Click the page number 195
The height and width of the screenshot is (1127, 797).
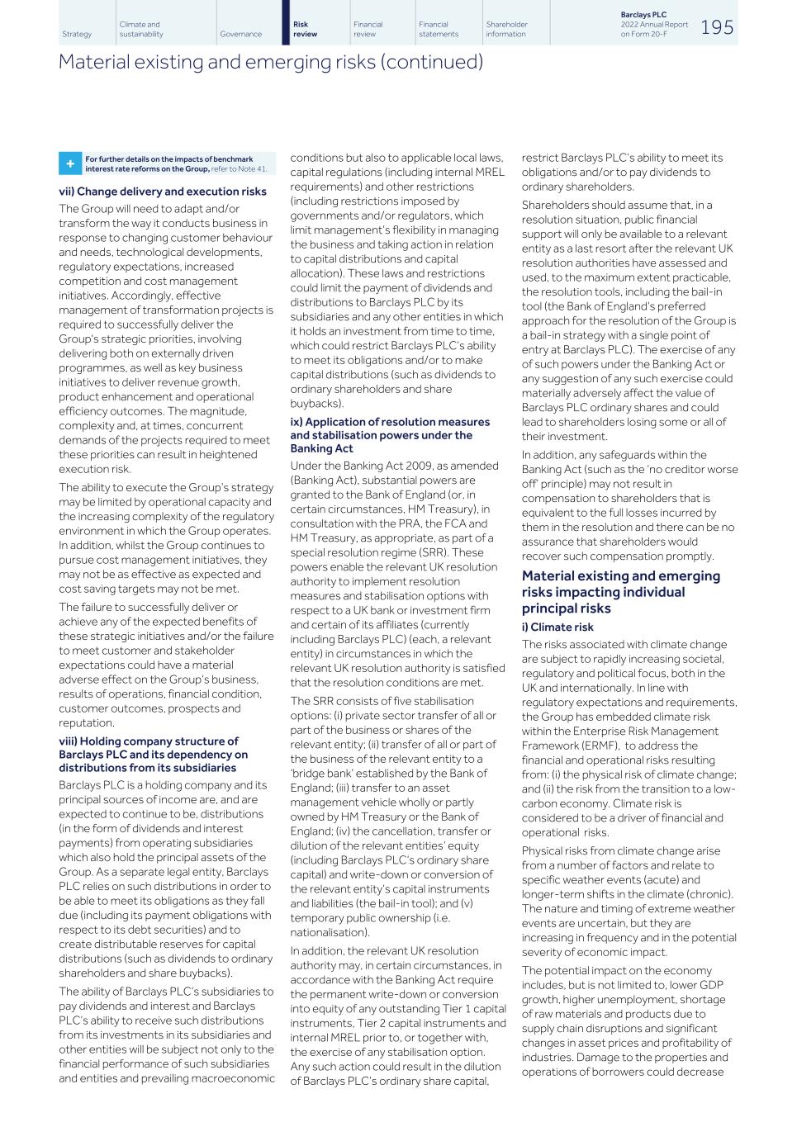pos(717,27)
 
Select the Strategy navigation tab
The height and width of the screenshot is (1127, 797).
pos(77,35)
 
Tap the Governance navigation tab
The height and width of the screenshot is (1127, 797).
pos(240,35)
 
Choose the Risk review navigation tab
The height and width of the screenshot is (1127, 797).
pos(306,30)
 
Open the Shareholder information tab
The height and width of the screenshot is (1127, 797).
pos(506,30)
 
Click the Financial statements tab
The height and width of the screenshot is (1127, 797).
pos(438,30)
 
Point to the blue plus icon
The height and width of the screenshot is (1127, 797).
pos(69,164)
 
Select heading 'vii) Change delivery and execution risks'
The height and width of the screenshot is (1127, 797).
pos(163,192)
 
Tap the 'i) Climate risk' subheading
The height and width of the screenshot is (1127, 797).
pos(557,627)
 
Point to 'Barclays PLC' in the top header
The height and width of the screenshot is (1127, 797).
pos(643,15)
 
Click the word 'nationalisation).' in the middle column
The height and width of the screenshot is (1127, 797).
pos(330,932)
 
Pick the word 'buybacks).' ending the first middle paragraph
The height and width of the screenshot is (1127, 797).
pos(316,404)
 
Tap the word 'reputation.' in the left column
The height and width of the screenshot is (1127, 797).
pos(87,723)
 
